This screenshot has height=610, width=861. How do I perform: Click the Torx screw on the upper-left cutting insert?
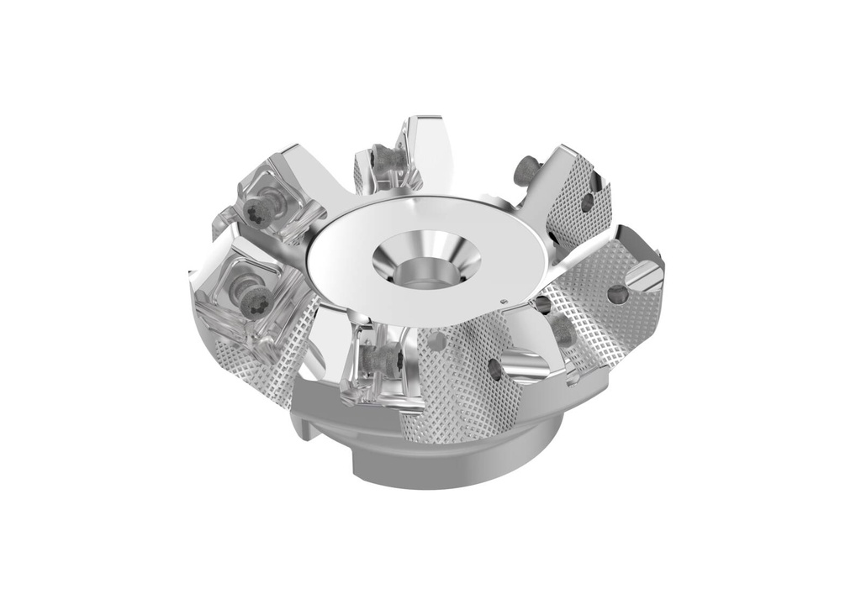[262, 209]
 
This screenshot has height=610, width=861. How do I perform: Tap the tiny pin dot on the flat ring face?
[502, 302]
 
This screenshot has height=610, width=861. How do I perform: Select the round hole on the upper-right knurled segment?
[586, 202]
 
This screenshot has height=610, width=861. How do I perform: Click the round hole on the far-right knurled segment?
[618, 294]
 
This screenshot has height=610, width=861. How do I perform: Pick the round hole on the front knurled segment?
[495, 369]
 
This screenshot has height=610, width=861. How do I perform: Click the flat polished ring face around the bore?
[353, 269]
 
